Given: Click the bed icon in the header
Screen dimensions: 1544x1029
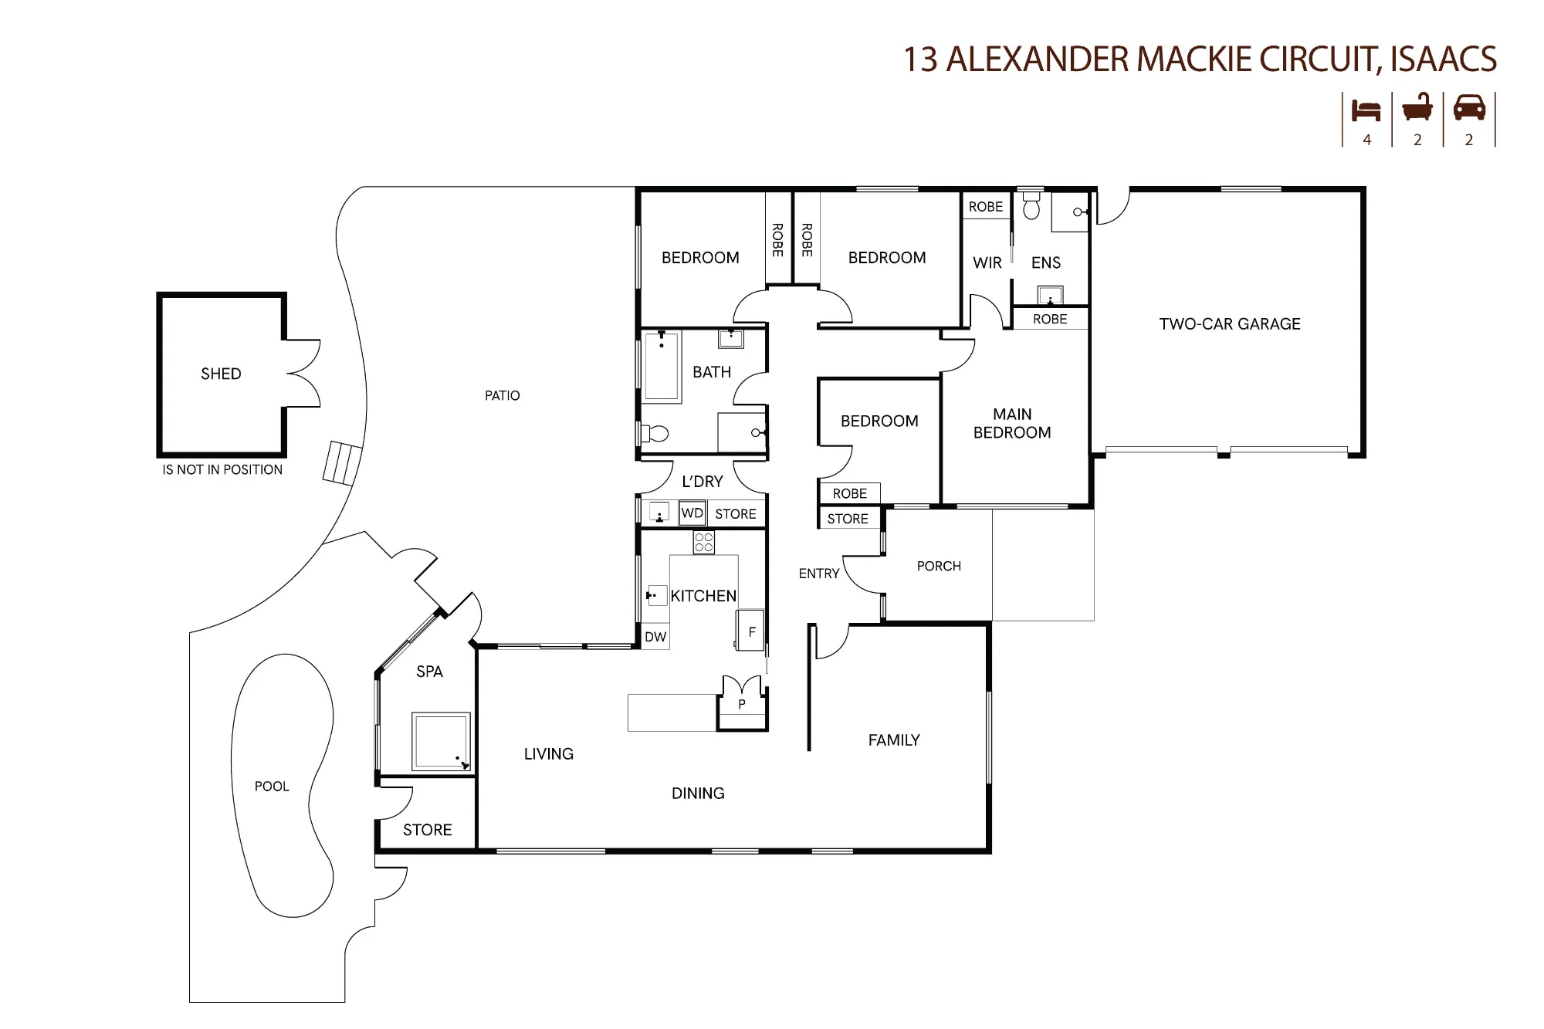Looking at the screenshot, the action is click(1366, 110).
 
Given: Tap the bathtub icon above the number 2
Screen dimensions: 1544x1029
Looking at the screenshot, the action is click(1417, 107).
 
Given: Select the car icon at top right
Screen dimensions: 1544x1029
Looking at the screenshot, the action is click(1469, 107).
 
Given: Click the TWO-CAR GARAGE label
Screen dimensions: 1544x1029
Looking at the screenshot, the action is click(1230, 324).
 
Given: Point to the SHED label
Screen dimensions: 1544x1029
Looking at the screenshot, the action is click(221, 374).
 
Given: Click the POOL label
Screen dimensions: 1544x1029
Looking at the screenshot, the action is click(272, 787).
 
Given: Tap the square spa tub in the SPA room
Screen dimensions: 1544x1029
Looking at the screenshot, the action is click(441, 742).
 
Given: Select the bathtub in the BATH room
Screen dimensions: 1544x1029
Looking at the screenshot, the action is click(662, 367).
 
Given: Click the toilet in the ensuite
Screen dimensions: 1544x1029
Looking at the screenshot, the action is click(1031, 205).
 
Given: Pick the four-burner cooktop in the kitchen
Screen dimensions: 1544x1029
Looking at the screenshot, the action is click(703, 543).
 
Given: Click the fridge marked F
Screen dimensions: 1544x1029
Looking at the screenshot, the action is click(750, 631).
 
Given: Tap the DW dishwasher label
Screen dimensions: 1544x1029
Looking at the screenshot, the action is click(655, 637).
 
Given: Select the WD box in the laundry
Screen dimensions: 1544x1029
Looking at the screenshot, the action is click(692, 513).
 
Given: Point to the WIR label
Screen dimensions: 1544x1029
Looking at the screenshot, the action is click(987, 263).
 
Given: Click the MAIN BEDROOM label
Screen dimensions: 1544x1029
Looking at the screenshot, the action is click(1012, 424).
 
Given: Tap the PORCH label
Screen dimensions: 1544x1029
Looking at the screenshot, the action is click(939, 567).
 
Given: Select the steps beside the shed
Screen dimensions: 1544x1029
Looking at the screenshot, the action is click(342, 462).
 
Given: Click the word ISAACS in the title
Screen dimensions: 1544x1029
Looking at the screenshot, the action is click(1444, 59).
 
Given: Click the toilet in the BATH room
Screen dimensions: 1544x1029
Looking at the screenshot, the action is click(655, 433).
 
